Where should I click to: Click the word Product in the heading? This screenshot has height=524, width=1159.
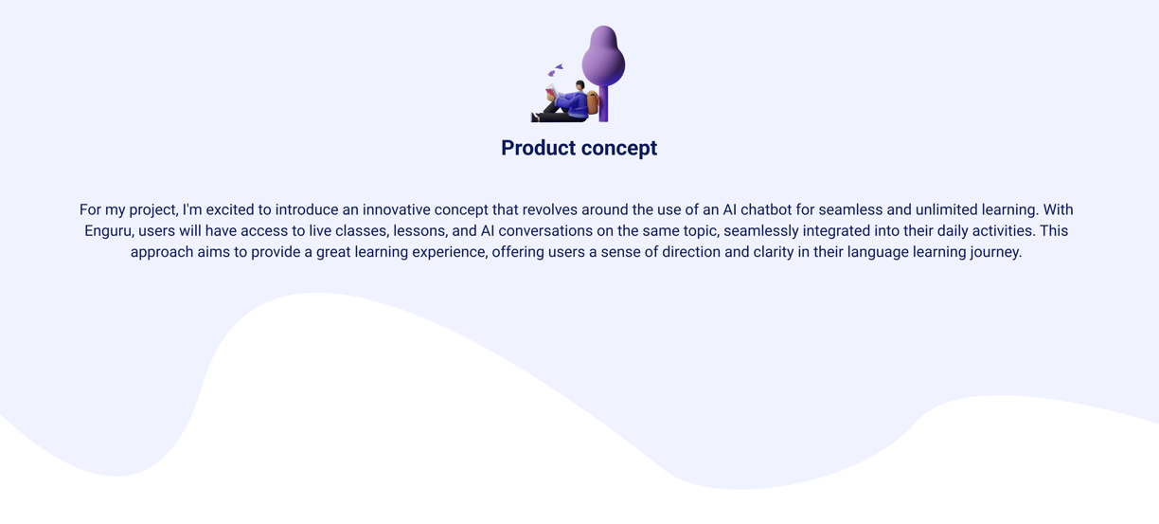(x=538, y=148)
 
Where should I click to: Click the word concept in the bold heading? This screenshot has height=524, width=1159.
(x=619, y=149)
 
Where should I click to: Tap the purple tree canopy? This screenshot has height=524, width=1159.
(x=603, y=56)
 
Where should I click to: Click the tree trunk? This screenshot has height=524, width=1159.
(x=603, y=103)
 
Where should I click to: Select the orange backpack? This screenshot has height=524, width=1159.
(x=593, y=102)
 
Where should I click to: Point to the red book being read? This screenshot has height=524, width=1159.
(x=551, y=93)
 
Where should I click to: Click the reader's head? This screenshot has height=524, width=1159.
(x=580, y=85)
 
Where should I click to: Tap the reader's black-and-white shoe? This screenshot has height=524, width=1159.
(x=534, y=117)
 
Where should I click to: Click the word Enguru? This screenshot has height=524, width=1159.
(x=109, y=231)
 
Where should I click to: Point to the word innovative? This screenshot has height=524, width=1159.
(x=396, y=209)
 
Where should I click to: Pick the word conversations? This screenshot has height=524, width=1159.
(x=544, y=231)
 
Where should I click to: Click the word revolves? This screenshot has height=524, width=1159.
(x=549, y=209)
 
